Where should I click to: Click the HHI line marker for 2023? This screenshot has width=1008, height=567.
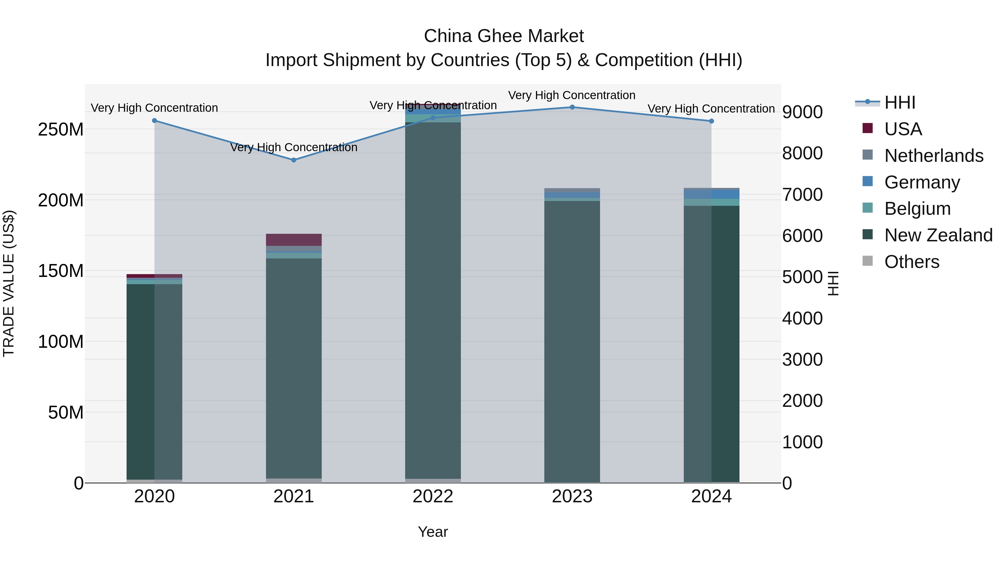[572, 107]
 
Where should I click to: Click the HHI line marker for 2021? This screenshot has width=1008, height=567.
[294, 160]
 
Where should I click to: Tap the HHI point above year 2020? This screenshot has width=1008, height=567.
[155, 120]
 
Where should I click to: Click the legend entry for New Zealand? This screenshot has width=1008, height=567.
[938, 235]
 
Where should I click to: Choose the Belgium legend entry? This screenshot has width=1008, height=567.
[917, 209]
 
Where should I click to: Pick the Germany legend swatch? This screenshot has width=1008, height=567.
[867, 181]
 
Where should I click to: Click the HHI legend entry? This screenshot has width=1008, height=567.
[900, 102]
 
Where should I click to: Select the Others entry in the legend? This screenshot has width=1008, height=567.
[911, 262]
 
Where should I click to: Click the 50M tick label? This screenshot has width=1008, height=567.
[66, 412]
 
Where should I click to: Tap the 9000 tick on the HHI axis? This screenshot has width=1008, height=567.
[802, 112]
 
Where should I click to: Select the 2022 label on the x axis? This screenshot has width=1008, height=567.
[433, 496]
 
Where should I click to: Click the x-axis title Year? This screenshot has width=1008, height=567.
[433, 532]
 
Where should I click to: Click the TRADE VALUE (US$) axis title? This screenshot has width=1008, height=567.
[9, 283]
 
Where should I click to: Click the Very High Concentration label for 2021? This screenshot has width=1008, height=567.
[294, 148]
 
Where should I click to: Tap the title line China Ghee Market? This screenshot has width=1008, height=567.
[504, 36]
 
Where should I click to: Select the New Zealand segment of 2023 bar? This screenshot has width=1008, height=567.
[572, 340]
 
